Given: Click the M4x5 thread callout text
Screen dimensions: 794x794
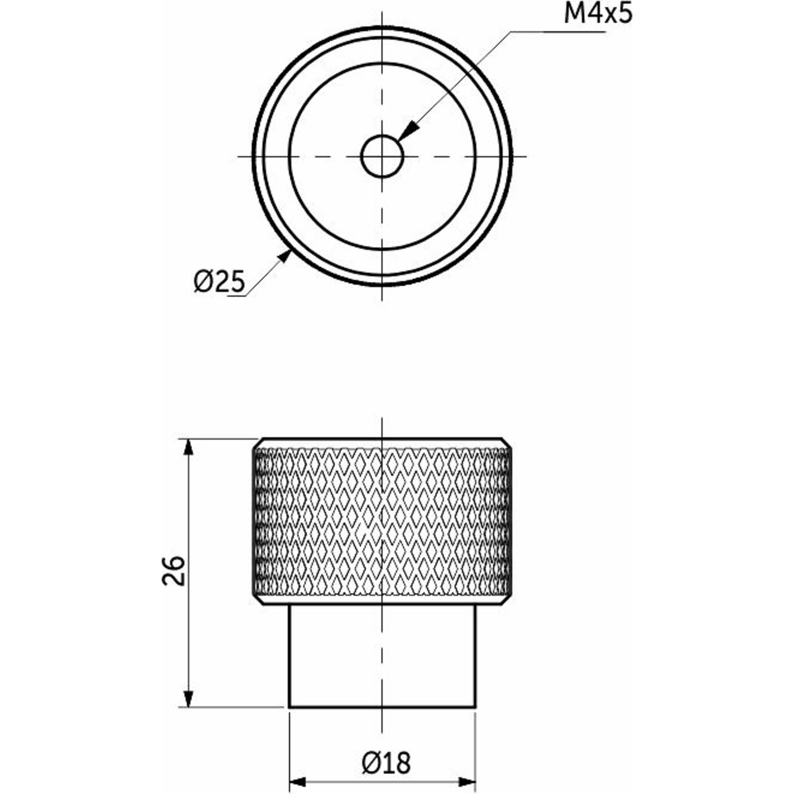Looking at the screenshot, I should (598, 14).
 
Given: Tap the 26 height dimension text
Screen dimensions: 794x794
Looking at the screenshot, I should (174, 571).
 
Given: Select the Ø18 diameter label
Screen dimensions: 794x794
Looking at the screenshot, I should (386, 763).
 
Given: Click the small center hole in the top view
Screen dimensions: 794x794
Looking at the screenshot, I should (382, 155).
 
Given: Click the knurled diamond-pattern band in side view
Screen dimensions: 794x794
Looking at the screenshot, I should (382, 522).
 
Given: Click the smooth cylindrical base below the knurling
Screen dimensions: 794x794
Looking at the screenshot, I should (382, 658).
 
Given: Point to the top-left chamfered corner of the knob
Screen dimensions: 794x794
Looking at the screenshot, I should (257, 443).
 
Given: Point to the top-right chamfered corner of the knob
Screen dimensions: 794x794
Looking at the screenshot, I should (508, 443).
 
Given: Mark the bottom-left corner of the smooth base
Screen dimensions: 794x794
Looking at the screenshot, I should (290, 707).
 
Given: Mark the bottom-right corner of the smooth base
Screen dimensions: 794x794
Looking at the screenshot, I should (475, 707).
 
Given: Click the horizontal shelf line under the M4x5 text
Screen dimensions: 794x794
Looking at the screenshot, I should (556, 32).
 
